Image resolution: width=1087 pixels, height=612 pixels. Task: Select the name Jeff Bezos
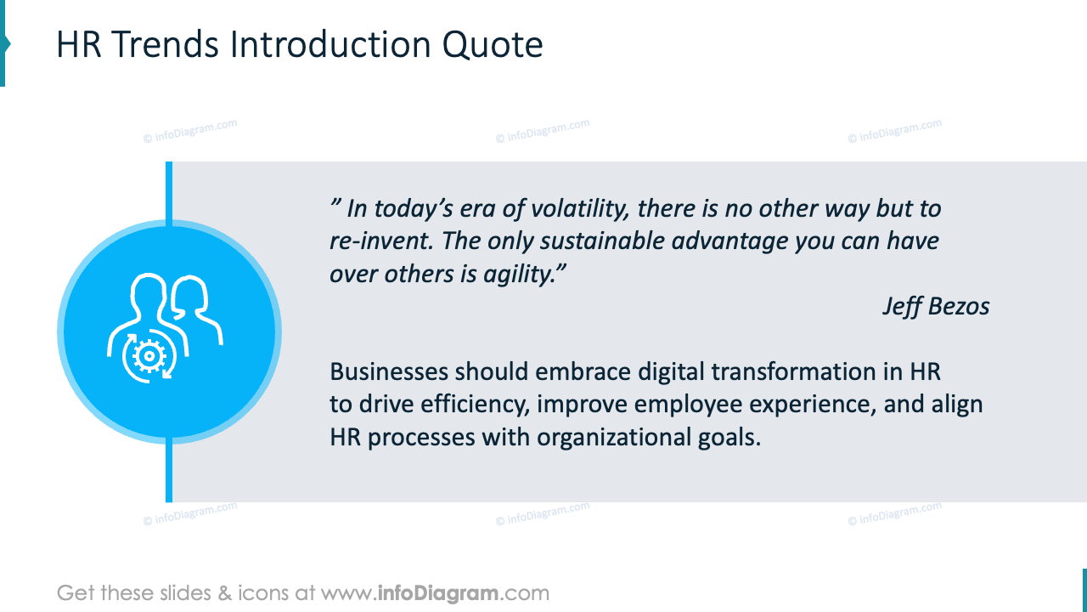tap(936, 306)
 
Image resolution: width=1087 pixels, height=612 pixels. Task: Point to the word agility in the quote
tap(521, 274)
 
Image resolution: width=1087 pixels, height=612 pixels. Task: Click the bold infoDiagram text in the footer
tap(437, 592)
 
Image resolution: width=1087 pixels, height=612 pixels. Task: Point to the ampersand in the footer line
tap(225, 592)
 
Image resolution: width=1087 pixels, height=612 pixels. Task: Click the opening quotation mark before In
tap(335, 204)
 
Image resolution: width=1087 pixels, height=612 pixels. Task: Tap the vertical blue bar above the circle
tap(169, 191)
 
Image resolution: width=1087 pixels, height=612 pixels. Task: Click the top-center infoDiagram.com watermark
tap(543, 131)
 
